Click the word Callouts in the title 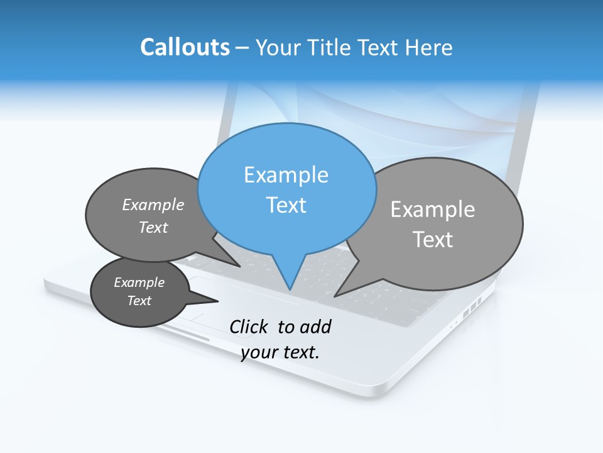click(x=185, y=47)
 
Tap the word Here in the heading click(x=429, y=47)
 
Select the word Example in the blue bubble click(x=286, y=175)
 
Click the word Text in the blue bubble click(x=286, y=205)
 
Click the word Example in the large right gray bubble click(x=433, y=210)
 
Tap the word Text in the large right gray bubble click(x=433, y=240)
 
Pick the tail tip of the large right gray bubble click(x=335, y=296)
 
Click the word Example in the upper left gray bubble click(x=153, y=204)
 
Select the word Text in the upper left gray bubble click(x=153, y=227)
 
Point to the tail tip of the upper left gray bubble click(x=240, y=266)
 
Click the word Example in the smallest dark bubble click(x=139, y=282)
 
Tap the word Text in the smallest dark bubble click(x=139, y=301)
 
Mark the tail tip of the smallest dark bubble click(x=218, y=301)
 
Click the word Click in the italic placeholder click(x=250, y=327)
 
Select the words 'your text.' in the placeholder click(x=280, y=352)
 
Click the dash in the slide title click(x=243, y=48)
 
